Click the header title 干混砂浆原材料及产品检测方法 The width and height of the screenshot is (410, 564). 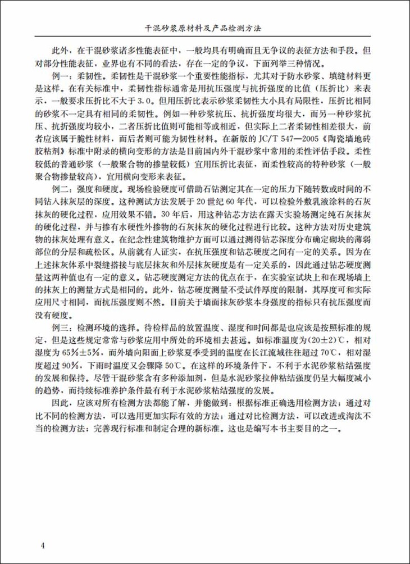204,26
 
